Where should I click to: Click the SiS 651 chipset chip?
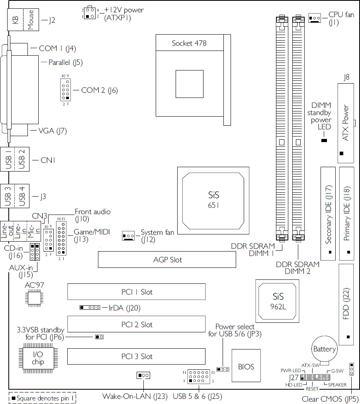pyautogui.click(x=213, y=201)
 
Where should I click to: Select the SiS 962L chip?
pyautogui.click(x=277, y=301)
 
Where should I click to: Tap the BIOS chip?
pyautogui.click(x=246, y=366)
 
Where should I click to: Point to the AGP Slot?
pyautogui.click(x=167, y=260)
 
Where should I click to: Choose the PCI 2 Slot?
pyautogui.click(x=136, y=324)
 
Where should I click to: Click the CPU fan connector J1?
pyautogui.click(x=315, y=18)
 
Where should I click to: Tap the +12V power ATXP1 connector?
pyautogui.click(x=90, y=13)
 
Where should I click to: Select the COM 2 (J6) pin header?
pyautogui.click(x=65, y=90)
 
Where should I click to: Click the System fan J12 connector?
pyautogui.click(x=128, y=236)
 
